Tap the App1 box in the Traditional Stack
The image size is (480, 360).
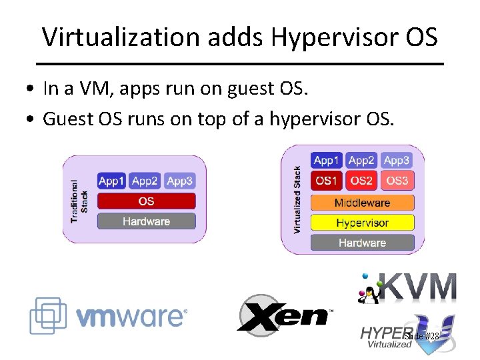[x=111, y=181]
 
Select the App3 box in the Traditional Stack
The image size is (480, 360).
[x=179, y=181]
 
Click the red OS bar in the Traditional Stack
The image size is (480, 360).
[x=146, y=201]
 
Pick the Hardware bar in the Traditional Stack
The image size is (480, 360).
[x=146, y=221]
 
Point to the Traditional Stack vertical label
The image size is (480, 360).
[x=79, y=201]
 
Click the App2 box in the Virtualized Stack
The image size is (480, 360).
[x=361, y=160]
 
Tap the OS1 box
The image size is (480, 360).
[x=327, y=181]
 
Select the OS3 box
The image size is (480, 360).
[x=397, y=181]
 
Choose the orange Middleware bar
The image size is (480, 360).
[x=362, y=203]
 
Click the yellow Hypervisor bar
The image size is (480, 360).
[x=362, y=223]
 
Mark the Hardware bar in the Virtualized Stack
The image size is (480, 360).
[x=362, y=243]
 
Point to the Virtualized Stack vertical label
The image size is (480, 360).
[x=297, y=200]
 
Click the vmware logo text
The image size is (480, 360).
[x=131, y=316]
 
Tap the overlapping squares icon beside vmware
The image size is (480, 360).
[x=48, y=315]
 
